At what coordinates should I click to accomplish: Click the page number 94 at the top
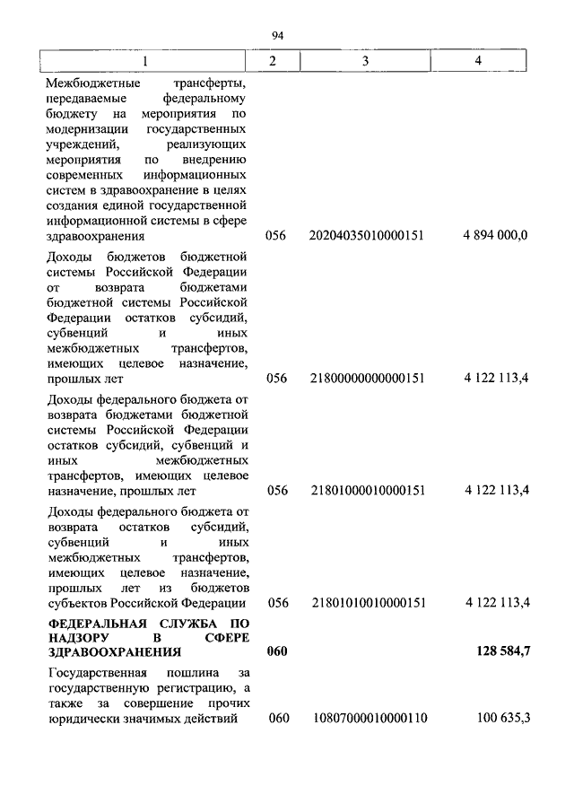coord(277,35)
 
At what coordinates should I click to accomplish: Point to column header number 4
coord(479,60)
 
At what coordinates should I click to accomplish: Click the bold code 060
coord(276,652)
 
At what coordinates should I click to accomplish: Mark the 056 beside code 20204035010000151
coord(276,236)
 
